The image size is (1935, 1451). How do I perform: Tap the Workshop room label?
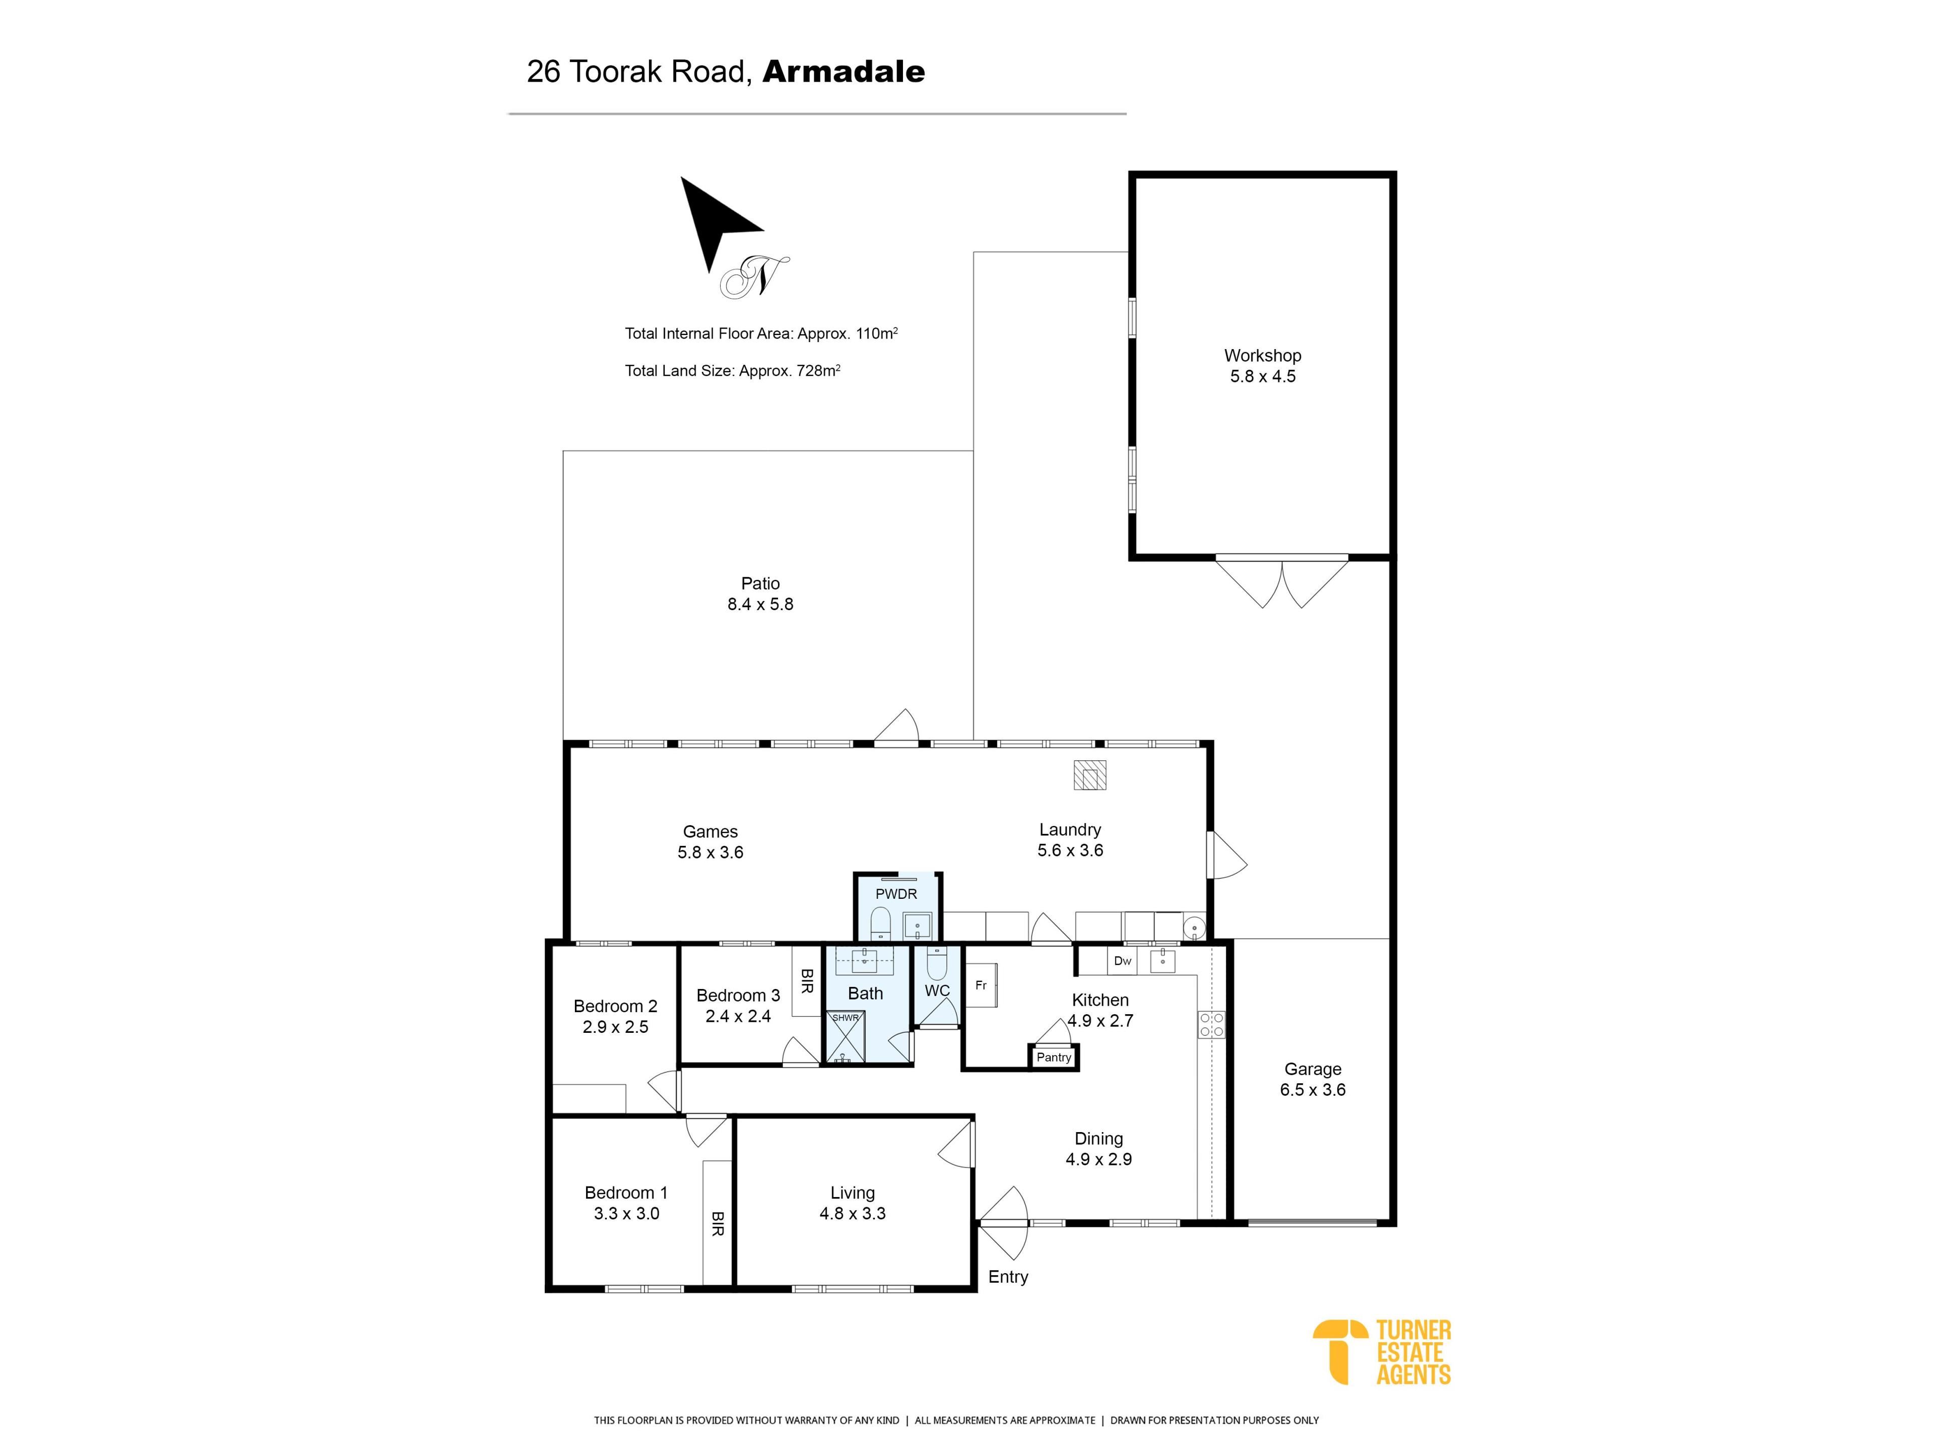point(1262,356)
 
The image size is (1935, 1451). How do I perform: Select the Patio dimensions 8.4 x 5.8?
point(760,605)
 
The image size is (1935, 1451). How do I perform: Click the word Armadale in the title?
point(843,72)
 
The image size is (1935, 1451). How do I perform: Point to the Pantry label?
point(1053,1058)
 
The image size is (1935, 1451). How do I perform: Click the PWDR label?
point(896,894)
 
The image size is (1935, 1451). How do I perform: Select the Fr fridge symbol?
point(981,985)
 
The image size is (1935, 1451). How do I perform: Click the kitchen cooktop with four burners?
point(1211,1025)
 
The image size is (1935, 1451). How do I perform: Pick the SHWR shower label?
point(845,1018)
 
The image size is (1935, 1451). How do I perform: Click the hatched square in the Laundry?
point(1090,775)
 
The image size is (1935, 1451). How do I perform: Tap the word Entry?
point(1008,1277)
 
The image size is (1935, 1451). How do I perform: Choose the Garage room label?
point(1312,1069)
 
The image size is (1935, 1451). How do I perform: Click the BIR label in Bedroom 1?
point(718,1224)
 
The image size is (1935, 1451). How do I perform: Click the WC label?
point(937,991)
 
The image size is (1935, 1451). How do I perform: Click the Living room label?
point(852,1193)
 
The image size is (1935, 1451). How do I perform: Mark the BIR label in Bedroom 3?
point(807,980)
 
